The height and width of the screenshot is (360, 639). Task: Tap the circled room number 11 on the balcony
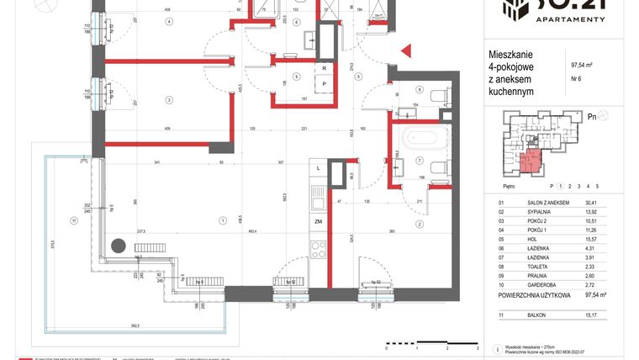pos(74,221)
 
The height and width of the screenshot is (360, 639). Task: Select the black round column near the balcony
pos(119,246)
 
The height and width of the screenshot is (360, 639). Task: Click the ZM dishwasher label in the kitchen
pos(319,221)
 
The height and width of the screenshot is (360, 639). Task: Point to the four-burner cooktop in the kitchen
pos(319,249)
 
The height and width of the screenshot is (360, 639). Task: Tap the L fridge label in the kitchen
pos(319,168)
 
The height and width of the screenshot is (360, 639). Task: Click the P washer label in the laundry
pos(323,85)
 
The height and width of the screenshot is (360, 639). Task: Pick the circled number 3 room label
pos(169,100)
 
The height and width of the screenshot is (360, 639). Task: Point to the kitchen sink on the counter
pos(318,198)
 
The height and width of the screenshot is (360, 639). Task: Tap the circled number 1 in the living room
pos(223,221)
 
